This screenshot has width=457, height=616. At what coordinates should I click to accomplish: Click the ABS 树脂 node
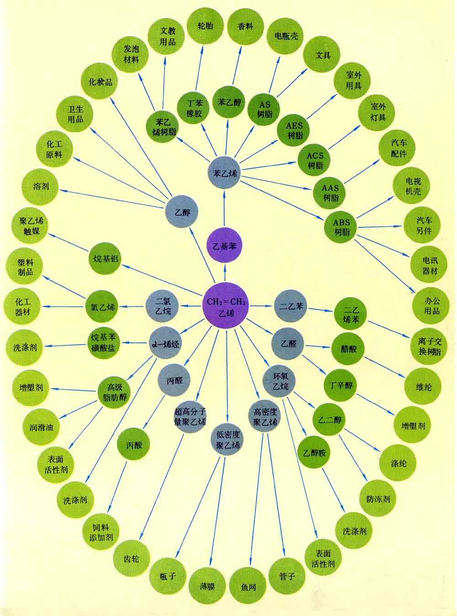[x=341, y=227]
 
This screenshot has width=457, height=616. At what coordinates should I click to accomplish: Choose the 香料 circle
[x=245, y=27]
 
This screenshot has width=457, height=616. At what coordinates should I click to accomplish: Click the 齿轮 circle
[x=132, y=558]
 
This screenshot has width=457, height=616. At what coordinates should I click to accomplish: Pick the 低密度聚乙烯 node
[x=228, y=439]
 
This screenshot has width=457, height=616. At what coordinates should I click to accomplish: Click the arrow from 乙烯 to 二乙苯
[x=261, y=305]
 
